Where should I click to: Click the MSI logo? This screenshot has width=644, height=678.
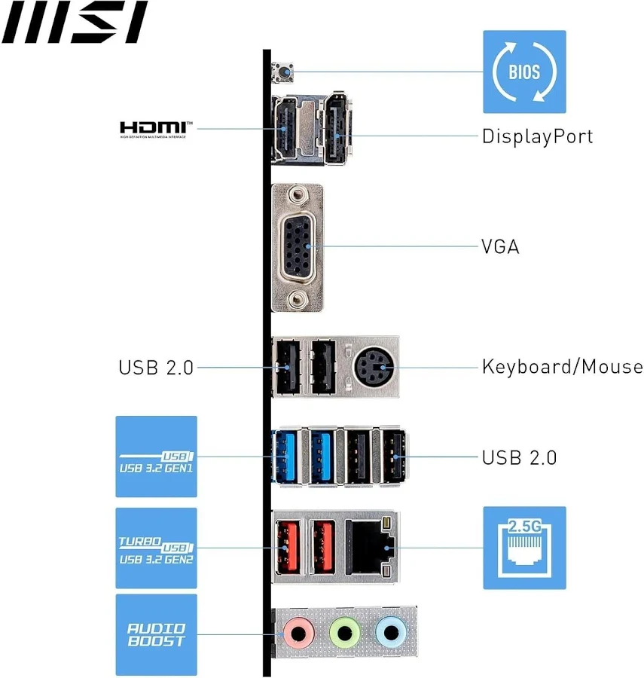(74, 23)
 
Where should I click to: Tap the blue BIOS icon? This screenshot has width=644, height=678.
(523, 72)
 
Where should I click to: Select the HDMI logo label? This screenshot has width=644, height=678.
(157, 128)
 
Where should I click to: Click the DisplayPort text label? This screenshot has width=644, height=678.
(537, 136)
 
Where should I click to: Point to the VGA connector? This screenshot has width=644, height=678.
(297, 246)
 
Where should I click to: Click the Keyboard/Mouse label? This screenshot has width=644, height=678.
(562, 367)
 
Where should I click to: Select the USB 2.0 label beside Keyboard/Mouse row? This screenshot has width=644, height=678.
(156, 368)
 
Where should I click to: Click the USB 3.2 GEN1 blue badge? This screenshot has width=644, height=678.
(156, 457)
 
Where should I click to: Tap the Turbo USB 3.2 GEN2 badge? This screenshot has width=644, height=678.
(156, 548)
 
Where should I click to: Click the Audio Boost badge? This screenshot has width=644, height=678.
(156, 634)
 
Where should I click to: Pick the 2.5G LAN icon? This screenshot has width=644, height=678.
(523, 548)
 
